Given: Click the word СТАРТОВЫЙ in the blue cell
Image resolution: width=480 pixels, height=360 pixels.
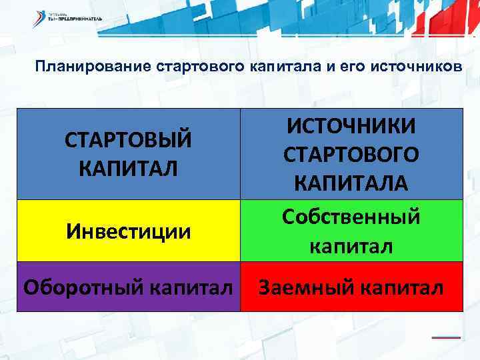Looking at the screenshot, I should (x=128, y=140).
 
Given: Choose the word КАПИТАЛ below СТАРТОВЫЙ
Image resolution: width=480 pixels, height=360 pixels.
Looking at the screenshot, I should (x=128, y=167).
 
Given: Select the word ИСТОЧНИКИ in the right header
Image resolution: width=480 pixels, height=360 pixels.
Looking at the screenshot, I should (x=351, y=125).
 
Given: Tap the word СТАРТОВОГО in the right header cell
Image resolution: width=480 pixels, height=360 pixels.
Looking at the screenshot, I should (x=351, y=153).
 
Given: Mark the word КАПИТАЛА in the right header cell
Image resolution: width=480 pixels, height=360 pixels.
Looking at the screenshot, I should (x=351, y=181).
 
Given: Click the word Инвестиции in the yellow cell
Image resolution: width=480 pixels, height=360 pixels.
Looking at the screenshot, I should (x=128, y=231).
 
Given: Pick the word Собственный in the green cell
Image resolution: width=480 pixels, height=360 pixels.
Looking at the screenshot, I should (x=351, y=217).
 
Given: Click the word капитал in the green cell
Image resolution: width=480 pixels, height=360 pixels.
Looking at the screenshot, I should (x=351, y=245).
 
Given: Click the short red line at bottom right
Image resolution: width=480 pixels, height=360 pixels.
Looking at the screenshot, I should (x=446, y=337).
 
